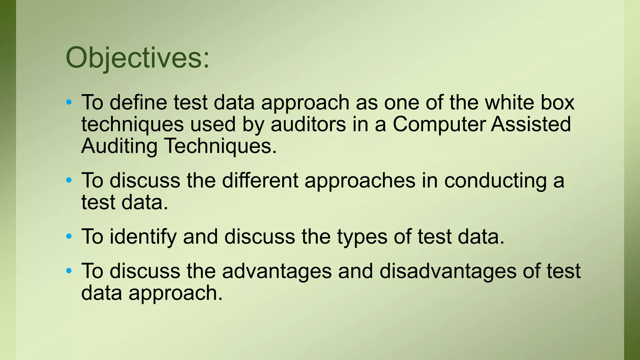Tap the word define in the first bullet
point(138,102)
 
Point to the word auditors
point(308,124)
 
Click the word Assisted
point(531,124)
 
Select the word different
point(260,181)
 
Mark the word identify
point(143,237)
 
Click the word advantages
point(277,271)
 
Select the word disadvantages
point(448,271)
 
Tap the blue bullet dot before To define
point(69,102)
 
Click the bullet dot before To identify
point(69,237)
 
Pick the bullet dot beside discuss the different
point(69,180)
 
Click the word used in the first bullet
point(213,124)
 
